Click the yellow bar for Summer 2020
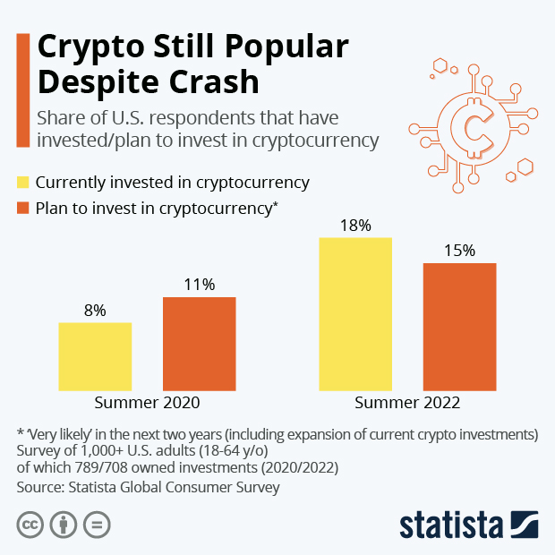pos(95,356)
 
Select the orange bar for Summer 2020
pos(199,344)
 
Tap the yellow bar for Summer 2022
pos(355,314)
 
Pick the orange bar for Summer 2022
pos(459,327)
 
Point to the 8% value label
pos(95,311)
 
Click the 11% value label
pos(199,285)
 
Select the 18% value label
pos(355,226)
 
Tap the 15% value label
pos(459,251)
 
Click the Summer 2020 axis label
pos(147,403)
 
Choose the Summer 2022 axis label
pos(407,403)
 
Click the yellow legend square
pos(24,183)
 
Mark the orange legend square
pos(24,209)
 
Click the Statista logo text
pos(453,525)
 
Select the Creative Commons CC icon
pos(30,525)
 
